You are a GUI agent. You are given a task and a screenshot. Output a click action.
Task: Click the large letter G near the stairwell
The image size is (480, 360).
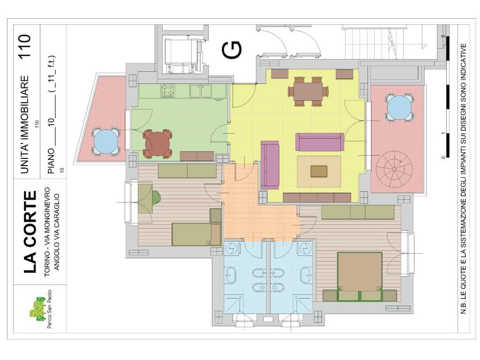pos(232,50)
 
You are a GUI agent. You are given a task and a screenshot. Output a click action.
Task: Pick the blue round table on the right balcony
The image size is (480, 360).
pos(399,108)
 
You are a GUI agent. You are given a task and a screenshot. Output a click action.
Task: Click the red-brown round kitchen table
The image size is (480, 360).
pos(157,143)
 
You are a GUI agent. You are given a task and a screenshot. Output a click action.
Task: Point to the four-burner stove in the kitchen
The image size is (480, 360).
pos(168,91)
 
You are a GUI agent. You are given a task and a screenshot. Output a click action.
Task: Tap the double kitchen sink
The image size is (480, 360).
pos(201,91)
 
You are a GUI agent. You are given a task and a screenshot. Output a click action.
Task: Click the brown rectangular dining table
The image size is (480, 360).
pos(308,91)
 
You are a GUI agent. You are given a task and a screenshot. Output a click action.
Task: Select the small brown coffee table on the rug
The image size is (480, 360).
pos(319,172)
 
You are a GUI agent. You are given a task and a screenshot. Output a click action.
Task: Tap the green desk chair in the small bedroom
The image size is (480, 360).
pos(156,197)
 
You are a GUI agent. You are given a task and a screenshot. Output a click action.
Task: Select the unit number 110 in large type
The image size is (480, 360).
pos(24,46)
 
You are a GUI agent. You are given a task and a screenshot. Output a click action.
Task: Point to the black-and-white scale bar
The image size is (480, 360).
pos(448,97)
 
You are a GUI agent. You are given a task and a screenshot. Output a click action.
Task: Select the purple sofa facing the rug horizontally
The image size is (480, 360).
pos(320,142)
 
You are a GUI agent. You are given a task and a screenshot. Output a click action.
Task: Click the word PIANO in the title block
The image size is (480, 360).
pos(51,161)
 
